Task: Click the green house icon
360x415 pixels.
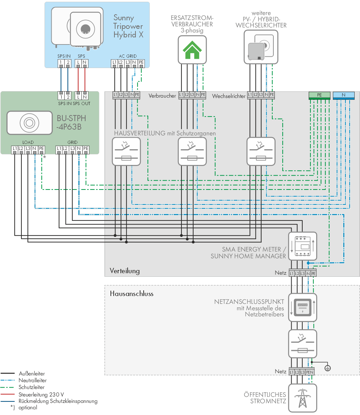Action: click(x=192, y=50)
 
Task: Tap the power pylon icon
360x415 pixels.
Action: click(x=303, y=398)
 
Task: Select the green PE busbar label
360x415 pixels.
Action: click(x=319, y=95)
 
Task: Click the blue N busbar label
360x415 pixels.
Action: click(x=344, y=95)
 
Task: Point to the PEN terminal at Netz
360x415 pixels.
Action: click(x=310, y=372)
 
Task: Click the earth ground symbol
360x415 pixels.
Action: click(x=328, y=368)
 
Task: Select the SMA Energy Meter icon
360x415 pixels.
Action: click(x=303, y=246)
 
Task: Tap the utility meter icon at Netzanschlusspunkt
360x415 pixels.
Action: click(x=303, y=307)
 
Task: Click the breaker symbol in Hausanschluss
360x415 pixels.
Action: click(x=303, y=344)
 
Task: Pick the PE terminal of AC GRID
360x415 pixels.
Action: click(x=141, y=63)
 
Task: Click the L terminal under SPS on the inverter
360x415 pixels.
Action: click(x=78, y=63)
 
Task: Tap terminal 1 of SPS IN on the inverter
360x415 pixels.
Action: click(x=61, y=63)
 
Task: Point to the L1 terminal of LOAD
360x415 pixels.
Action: click(x=15, y=149)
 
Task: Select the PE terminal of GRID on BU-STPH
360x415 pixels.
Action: click(x=86, y=149)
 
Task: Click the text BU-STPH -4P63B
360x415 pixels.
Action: click(x=71, y=123)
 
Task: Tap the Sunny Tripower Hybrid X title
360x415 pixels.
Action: click(x=128, y=26)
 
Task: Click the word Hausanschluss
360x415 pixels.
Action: click(x=132, y=294)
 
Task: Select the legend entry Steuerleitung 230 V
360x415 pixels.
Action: click(x=41, y=395)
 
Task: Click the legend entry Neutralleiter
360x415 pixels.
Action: click(x=32, y=380)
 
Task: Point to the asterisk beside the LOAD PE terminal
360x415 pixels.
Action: click(x=45, y=157)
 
